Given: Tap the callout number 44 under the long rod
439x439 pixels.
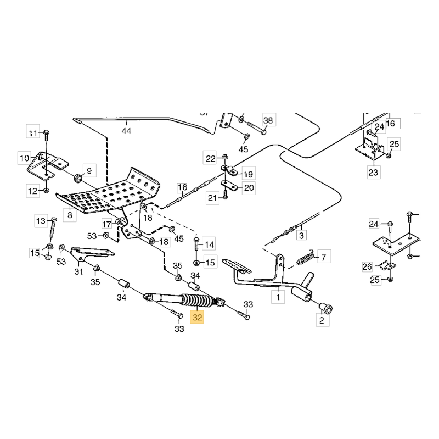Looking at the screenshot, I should [x=127, y=131].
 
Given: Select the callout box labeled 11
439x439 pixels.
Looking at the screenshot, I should [x=34, y=132].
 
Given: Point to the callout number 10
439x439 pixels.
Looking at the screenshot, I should [x=25, y=158].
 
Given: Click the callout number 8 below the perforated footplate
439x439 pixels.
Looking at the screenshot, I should [x=70, y=216].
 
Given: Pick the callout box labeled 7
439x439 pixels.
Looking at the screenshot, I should [x=323, y=257].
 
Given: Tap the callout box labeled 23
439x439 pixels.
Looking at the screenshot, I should [x=373, y=172].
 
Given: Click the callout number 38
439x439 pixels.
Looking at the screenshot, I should [x=267, y=120].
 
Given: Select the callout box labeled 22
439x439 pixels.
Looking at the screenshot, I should [x=211, y=159].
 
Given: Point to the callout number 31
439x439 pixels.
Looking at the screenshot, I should [x=78, y=271].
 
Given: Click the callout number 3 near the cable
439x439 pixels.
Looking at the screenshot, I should [x=300, y=235].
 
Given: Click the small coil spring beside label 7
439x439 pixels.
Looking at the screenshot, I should [x=306, y=257].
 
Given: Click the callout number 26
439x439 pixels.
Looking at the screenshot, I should [x=367, y=268].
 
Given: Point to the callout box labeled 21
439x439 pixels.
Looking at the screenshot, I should [x=212, y=198].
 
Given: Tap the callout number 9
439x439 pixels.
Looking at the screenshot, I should [x=89, y=169].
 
